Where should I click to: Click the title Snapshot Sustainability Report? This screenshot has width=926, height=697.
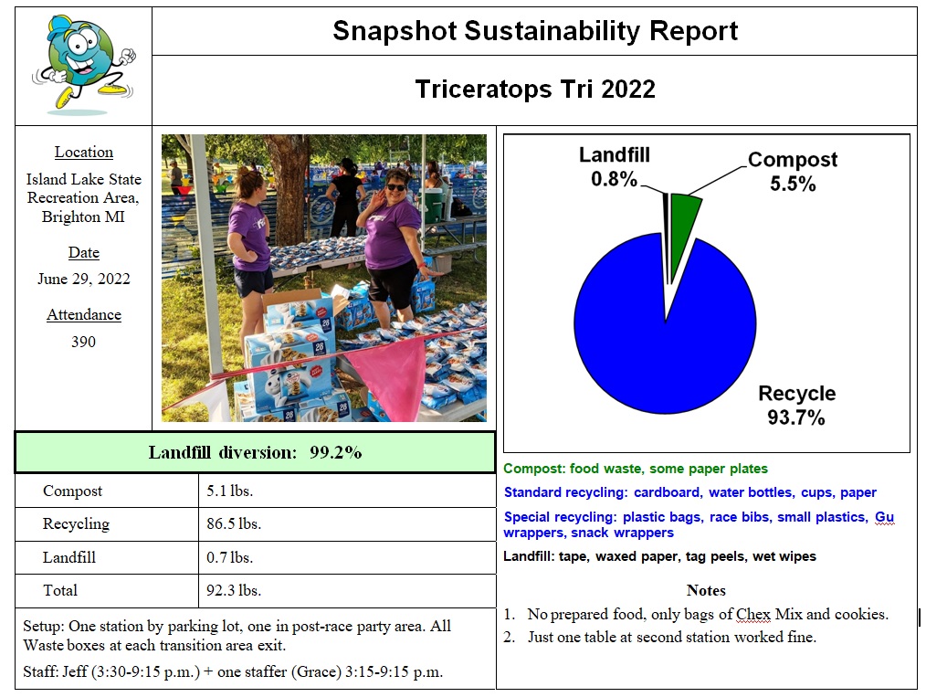pyautogui.click(x=534, y=31)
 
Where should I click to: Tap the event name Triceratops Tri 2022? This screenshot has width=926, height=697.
pyautogui.click(x=534, y=90)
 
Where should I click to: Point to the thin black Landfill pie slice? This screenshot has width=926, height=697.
pyautogui.click(x=665, y=219)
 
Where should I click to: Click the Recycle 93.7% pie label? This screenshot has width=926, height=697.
pyautogui.click(x=796, y=406)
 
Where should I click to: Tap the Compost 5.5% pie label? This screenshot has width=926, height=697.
pyautogui.click(x=792, y=172)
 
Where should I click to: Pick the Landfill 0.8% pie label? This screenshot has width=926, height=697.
pyautogui.click(x=614, y=167)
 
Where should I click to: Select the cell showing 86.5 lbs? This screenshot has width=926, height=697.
pyautogui.click(x=234, y=524)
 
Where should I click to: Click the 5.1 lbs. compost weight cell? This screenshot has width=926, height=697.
pyautogui.click(x=230, y=491)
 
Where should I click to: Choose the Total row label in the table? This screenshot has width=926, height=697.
pyautogui.click(x=60, y=590)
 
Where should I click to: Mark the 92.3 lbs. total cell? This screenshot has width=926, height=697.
pyautogui.click(x=234, y=590)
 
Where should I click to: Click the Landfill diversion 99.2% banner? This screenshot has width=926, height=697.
pyautogui.click(x=255, y=452)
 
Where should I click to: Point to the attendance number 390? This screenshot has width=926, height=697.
pyautogui.click(x=83, y=342)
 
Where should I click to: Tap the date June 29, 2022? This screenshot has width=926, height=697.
pyautogui.click(x=83, y=279)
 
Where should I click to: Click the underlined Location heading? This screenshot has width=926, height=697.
pyautogui.click(x=83, y=153)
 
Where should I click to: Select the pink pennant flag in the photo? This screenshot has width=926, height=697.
pyautogui.click(x=396, y=370)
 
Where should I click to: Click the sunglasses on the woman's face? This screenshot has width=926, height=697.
pyautogui.click(x=396, y=187)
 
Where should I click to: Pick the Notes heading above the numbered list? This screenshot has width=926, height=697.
pyautogui.click(x=706, y=590)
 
